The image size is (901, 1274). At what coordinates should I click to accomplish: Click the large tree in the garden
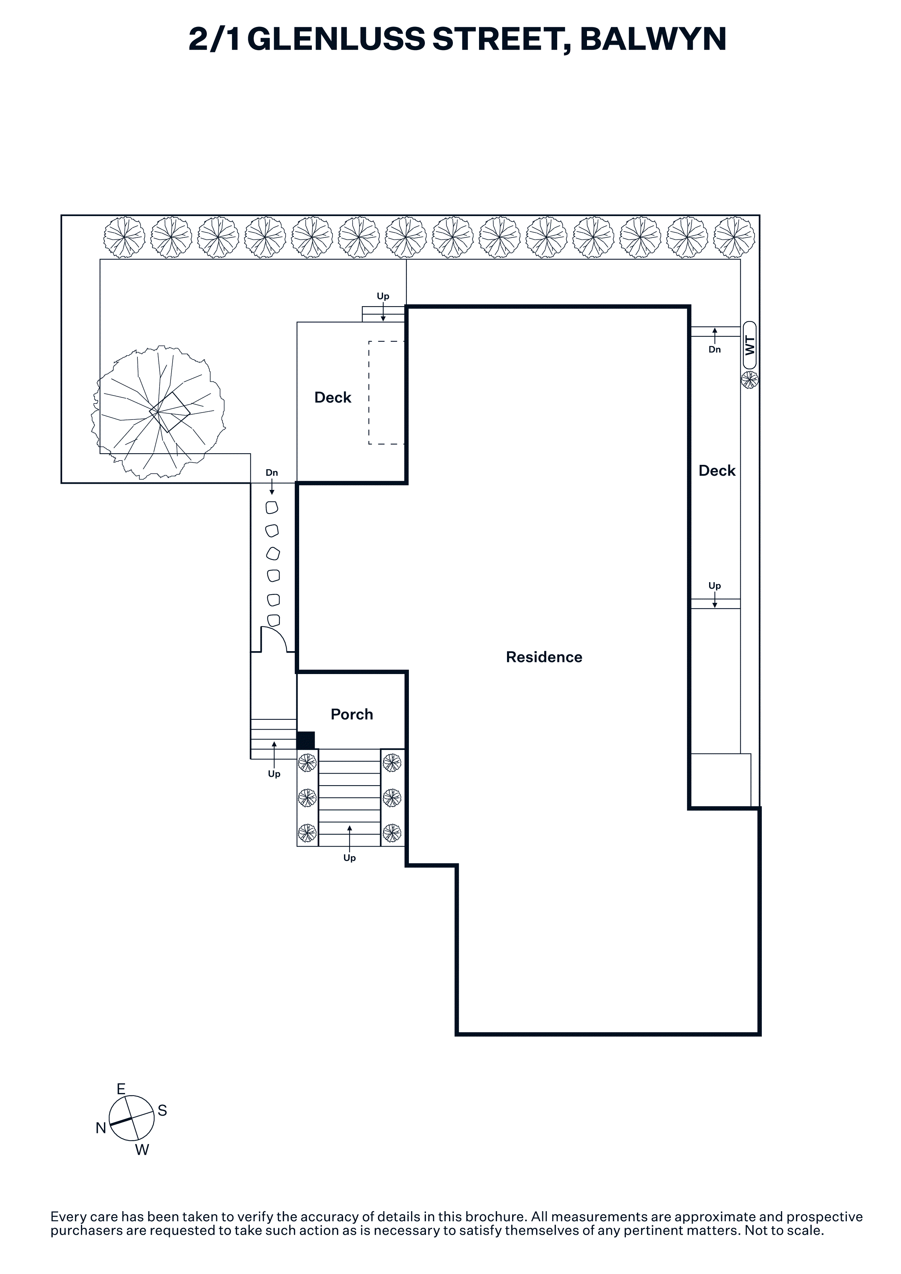coord(158,412)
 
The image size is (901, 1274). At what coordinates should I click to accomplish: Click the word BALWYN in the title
coord(653,39)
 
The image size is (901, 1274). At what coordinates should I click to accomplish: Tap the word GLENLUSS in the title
coord(336,39)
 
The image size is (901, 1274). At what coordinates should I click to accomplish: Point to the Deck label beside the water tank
coord(717,471)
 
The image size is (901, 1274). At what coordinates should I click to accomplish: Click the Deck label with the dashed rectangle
coord(333,397)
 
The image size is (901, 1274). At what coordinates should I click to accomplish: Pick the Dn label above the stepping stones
coord(271,473)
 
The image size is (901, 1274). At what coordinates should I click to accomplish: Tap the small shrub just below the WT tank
coord(749,380)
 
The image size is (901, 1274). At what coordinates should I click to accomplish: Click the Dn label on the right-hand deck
coord(715,350)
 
